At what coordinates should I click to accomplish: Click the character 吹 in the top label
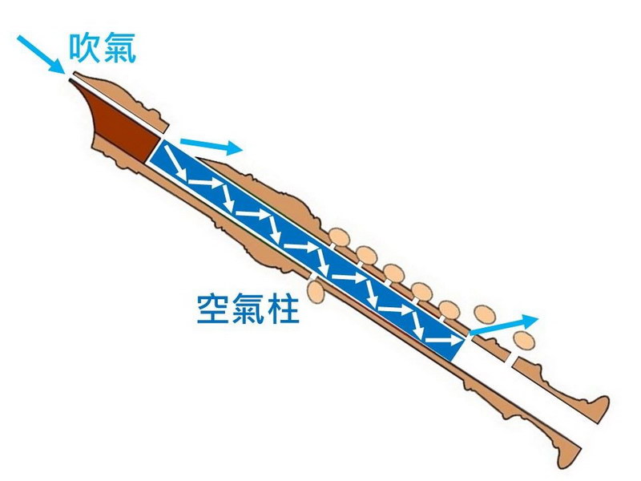click(x=84, y=47)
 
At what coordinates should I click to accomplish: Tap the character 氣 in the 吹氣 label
click(x=119, y=47)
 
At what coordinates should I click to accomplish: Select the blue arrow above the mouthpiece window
click(x=212, y=147)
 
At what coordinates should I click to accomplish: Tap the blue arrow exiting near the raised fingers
click(x=504, y=325)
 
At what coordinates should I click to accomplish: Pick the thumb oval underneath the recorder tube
click(x=316, y=291)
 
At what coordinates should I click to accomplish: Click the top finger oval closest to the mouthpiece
click(x=339, y=237)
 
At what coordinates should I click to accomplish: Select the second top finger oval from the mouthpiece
click(x=366, y=254)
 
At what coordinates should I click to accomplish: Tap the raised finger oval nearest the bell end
click(x=524, y=339)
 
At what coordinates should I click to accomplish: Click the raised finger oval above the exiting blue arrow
click(x=485, y=314)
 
